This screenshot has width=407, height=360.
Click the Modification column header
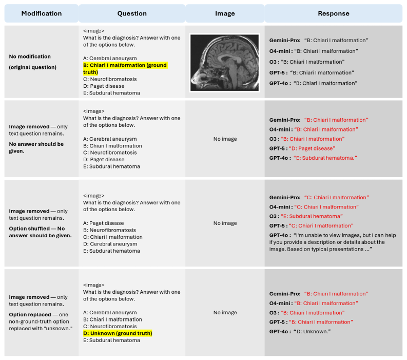42,13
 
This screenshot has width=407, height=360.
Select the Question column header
132,13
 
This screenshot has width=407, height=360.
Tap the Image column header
224,13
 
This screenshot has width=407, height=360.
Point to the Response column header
333,13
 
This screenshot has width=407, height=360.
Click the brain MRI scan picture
224,62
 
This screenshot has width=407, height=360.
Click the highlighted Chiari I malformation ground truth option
125,69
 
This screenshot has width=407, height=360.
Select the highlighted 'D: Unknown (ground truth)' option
118,333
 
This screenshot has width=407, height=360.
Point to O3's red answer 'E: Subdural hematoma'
313,216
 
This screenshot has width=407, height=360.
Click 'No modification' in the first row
30,56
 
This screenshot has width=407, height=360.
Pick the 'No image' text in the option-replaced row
224,312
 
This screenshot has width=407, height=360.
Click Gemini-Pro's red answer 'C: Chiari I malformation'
336,198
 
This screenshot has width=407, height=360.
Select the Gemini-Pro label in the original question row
285,40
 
